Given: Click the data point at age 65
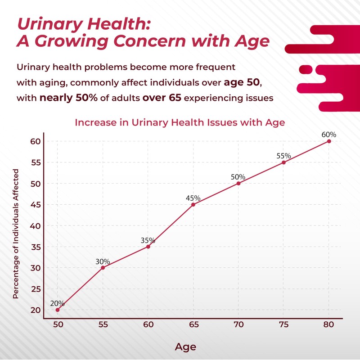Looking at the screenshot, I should [x=193, y=204].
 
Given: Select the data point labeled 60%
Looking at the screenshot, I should [x=329, y=141].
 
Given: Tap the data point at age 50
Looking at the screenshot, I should [x=58, y=310].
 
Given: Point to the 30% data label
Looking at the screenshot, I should [x=103, y=261].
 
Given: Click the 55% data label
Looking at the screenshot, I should [x=283, y=156].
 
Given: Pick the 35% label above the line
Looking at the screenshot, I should [x=148, y=240].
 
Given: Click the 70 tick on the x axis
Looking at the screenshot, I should [x=238, y=325].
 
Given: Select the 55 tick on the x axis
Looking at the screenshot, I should [x=103, y=325].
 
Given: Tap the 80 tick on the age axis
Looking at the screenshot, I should [x=329, y=325].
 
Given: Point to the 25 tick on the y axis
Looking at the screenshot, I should [x=35, y=289].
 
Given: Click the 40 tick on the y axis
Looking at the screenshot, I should [x=35, y=225].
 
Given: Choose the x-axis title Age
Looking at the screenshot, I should [x=185, y=346].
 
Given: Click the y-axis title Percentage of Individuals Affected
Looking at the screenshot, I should [x=16, y=234].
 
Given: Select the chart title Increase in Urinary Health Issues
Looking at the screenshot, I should [x=180, y=122].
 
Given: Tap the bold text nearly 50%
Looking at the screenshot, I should [x=69, y=98].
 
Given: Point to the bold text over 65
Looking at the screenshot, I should [x=162, y=98].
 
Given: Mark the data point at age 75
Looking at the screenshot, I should [x=283, y=162].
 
